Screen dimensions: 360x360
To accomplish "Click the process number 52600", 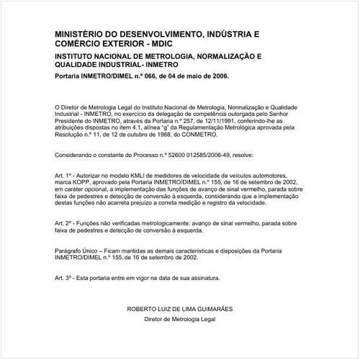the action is tap(170, 155).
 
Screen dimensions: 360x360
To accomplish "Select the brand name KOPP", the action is tap(80, 184).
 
